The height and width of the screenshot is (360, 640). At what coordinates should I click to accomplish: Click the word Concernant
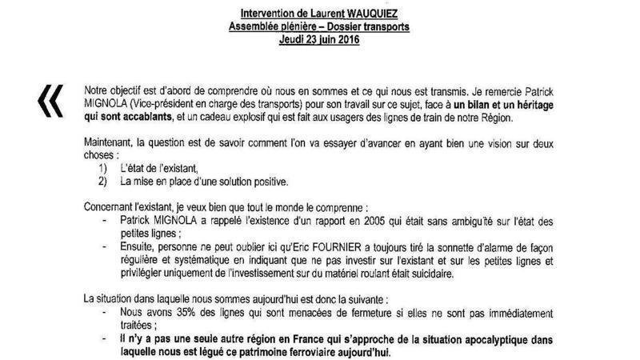pyautogui.click(x=114, y=206)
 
